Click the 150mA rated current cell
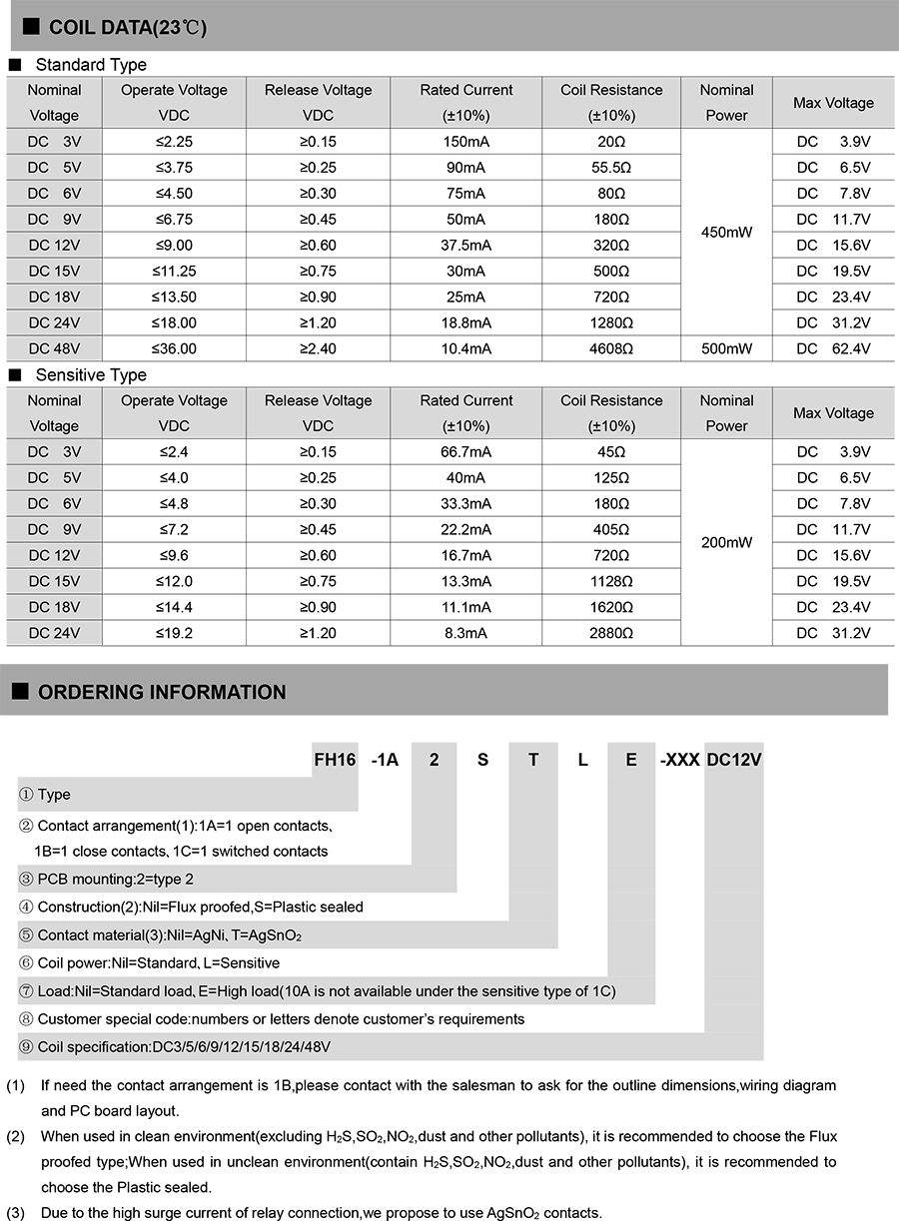pyautogui.click(x=465, y=142)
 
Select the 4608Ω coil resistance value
pyautogui.click(x=611, y=348)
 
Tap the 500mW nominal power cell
pyautogui.click(x=726, y=348)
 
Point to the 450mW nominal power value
pyautogui.click(x=726, y=232)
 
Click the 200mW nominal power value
pyautogui.click(x=726, y=542)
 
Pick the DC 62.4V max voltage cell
pyautogui.click(x=833, y=348)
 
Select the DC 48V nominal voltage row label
pyautogui.click(x=54, y=348)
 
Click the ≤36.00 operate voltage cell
pyautogui.click(x=174, y=348)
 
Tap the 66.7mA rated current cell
pyautogui.click(x=465, y=452)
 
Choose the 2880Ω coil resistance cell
pyautogui.click(x=611, y=633)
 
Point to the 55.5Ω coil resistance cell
pyautogui.click(x=611, y=168)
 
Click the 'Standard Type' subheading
pyautogui.click(x=90, y=65)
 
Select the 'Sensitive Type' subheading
pyautogui.click(x=90, y=375)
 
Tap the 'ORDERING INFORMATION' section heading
pyautogui.click(x=161, y=692)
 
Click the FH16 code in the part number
pyautogui.click(x=335, y=760)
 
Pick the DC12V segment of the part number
pyautogui.click(x=734, y=760)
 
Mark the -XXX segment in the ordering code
pyautogui.click(x=679, y=760)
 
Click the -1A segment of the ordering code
pyautogui.click(x=385, y=760)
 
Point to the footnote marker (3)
pyautogui.click(x=16, y=1213)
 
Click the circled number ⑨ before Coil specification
pyautogui.click(x=27, y=1047)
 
